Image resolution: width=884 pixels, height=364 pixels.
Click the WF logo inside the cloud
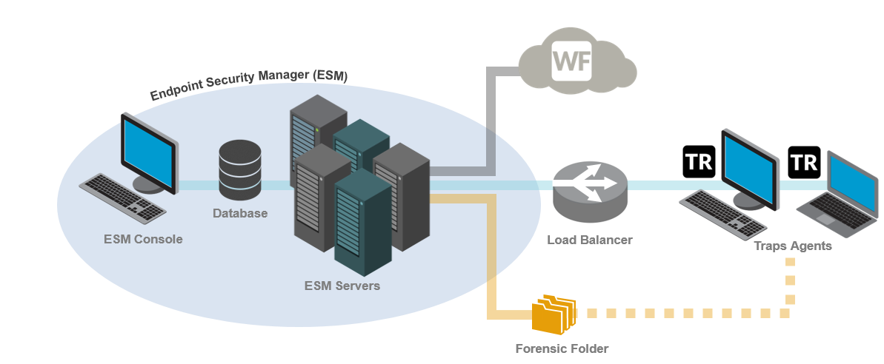pos(571,62)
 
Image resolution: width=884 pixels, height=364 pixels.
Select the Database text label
pos(240,214)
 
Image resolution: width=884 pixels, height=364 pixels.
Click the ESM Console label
pos(143,239)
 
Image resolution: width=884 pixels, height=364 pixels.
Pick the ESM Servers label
pos(342,285)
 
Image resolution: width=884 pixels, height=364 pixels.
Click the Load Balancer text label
pos(590,240)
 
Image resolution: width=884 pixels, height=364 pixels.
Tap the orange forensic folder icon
pos(554,314)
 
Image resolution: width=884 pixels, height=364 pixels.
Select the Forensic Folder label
pos(562,347)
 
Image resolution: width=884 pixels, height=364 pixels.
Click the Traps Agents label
pos(792,246)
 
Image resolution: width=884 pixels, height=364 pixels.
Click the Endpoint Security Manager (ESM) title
pos(249,84)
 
